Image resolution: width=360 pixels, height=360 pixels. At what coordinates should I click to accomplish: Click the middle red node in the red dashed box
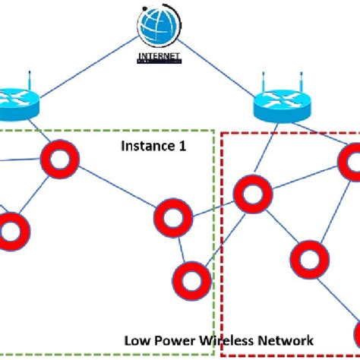(x=308, y=259)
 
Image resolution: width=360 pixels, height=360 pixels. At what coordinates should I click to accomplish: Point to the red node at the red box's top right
(x=352, y=160)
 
